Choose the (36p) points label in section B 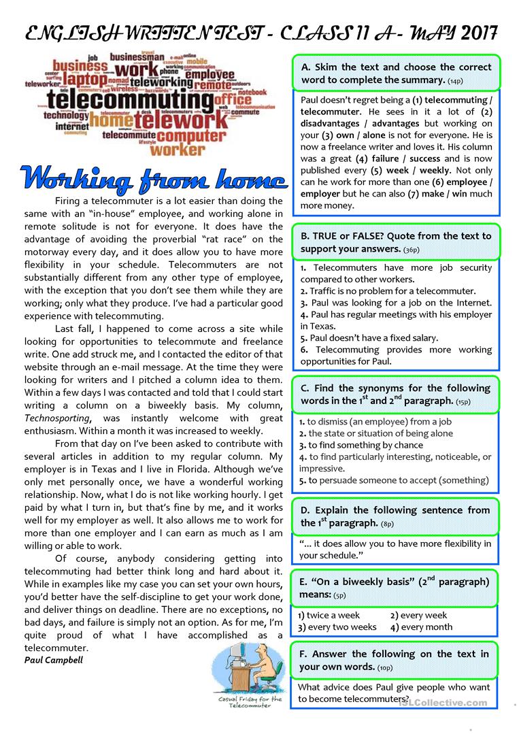tap(411, 250)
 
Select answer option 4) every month tap(421, 627)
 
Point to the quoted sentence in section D tap(395, 549)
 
